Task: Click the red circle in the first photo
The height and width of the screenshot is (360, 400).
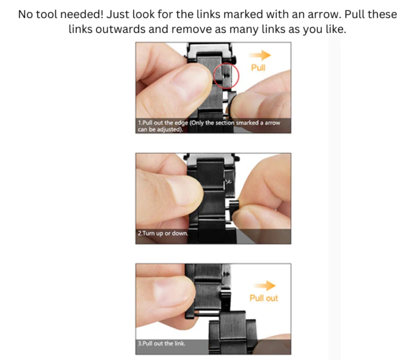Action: pos(213,76)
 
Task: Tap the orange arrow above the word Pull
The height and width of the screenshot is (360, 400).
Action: pos(260,55)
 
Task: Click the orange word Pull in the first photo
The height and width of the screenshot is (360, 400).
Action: pos(258,68)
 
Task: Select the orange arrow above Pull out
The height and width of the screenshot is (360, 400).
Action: pos(264,286)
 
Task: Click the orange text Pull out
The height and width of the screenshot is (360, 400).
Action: pos(264,298)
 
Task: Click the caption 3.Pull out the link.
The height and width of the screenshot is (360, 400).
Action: pos(162,343)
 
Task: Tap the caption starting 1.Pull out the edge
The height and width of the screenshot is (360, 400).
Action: pos(209,126)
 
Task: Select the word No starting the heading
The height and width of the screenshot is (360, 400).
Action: pos(25,14)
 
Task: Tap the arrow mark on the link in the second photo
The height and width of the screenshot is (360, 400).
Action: pos(228,182)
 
